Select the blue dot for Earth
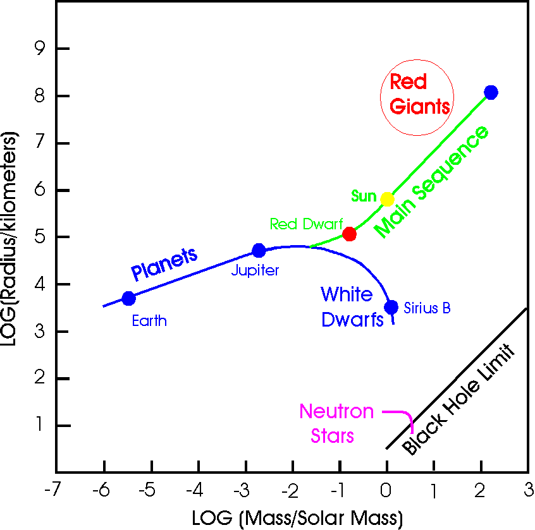[x=128, y=298]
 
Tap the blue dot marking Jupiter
[x=259, y=251]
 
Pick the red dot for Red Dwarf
[x=349, y=234]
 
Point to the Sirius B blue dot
[x=391, y=307]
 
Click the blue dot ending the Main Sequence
[x=491, y=92]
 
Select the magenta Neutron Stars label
[x=336, y=423]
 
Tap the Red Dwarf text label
[x=305, y=224]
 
